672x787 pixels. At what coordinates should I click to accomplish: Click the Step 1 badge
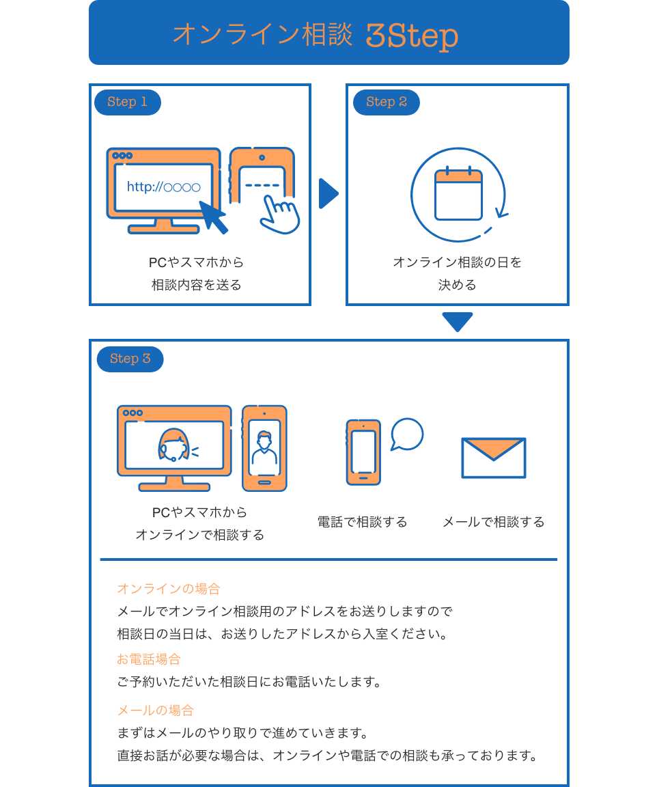click(127, 102)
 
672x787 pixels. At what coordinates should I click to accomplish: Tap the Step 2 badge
click(387, 102)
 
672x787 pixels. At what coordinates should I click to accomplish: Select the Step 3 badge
click(130, 359)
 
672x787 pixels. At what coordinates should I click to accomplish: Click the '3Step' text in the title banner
click(411, 36)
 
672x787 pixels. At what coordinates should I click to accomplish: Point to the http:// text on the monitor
click(164, 187)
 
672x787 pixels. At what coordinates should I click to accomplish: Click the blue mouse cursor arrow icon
click(213, 217)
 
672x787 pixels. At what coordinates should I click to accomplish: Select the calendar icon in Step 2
click(458, 195)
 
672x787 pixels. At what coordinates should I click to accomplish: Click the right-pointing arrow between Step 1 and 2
click(328, 194)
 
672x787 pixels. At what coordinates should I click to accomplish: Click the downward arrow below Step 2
click(458, 322)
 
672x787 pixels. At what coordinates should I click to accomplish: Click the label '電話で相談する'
click(362, 523)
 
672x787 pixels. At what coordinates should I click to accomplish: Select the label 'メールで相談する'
click(494, 523)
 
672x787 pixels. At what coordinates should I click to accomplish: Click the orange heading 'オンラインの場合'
click(169, 589)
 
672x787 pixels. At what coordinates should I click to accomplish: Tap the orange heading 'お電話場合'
click(149, 660)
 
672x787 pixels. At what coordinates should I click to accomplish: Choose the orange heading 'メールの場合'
click(156, 710)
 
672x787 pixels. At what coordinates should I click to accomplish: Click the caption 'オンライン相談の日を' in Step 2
click(457, 262)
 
